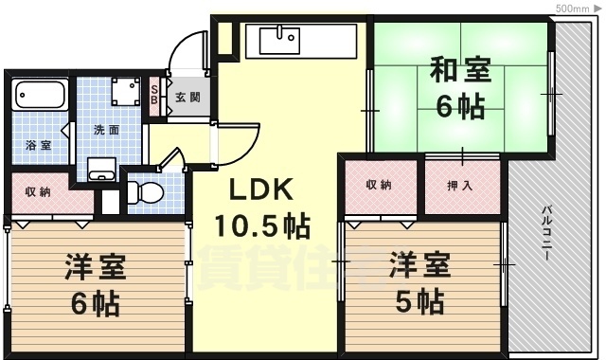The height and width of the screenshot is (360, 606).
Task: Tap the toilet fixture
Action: pyautogui.click(x=142, y=190)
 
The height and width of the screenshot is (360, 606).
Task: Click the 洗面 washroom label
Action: pyautogui.click(x=105, y=130)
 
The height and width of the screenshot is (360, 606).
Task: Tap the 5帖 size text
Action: pyautogui.click(x=419, y=301)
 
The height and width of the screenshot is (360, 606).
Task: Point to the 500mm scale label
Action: pyautogui.click(x=572, y=8)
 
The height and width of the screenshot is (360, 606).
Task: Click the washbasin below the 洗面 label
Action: pyautogui.click(x=101, y=171)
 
